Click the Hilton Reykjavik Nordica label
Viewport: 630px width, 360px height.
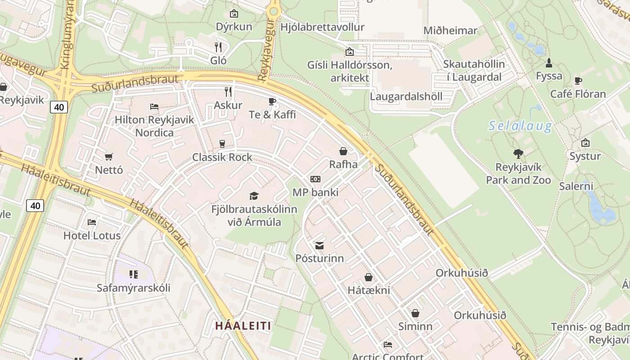(154, 126)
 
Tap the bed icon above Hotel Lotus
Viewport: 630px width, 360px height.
(92, 222)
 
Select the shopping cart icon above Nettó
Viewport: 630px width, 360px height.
(108, 157)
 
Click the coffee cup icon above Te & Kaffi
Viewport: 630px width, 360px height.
(272, 101)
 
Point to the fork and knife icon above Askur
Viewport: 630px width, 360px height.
(228, 92)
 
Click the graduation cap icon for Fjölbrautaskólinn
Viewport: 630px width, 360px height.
(254, 196)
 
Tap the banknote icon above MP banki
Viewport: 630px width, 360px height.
(315, 179)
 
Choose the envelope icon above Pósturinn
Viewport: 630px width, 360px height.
(319, 245)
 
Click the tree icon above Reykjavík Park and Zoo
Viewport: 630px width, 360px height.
(518, 154)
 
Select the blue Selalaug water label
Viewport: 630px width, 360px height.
(520, 126)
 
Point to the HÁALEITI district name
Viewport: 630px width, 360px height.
(243, 325)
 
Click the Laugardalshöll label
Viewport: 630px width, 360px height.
(406, 96)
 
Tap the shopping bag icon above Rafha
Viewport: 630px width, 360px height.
(343, 151)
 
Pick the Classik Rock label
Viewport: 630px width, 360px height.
(222, 157)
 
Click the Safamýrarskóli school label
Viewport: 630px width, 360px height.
(134, 288)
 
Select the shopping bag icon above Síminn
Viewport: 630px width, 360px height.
(415, 313)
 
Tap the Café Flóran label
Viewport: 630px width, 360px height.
(578, 94)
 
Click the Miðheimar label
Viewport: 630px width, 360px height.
(450, 31)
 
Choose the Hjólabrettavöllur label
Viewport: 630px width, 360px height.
(322, 27)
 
